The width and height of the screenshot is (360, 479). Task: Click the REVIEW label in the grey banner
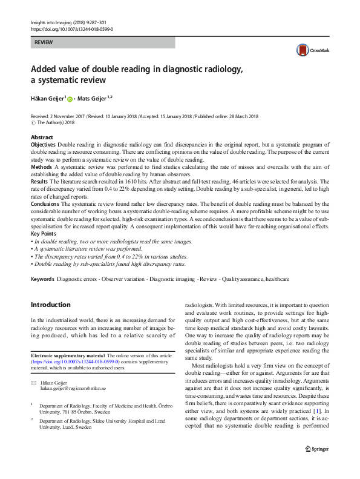(44, 43)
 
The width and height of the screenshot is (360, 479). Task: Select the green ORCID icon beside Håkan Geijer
(70, 99)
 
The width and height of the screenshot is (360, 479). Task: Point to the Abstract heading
(42, 138)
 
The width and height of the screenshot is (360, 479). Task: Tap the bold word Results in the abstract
(39, 181)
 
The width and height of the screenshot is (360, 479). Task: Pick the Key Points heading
(44, 233)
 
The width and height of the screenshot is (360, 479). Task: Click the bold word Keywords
(42, 279)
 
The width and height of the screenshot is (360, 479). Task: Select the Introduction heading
(50, 305)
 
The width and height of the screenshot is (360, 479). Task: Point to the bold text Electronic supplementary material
(68, 354)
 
